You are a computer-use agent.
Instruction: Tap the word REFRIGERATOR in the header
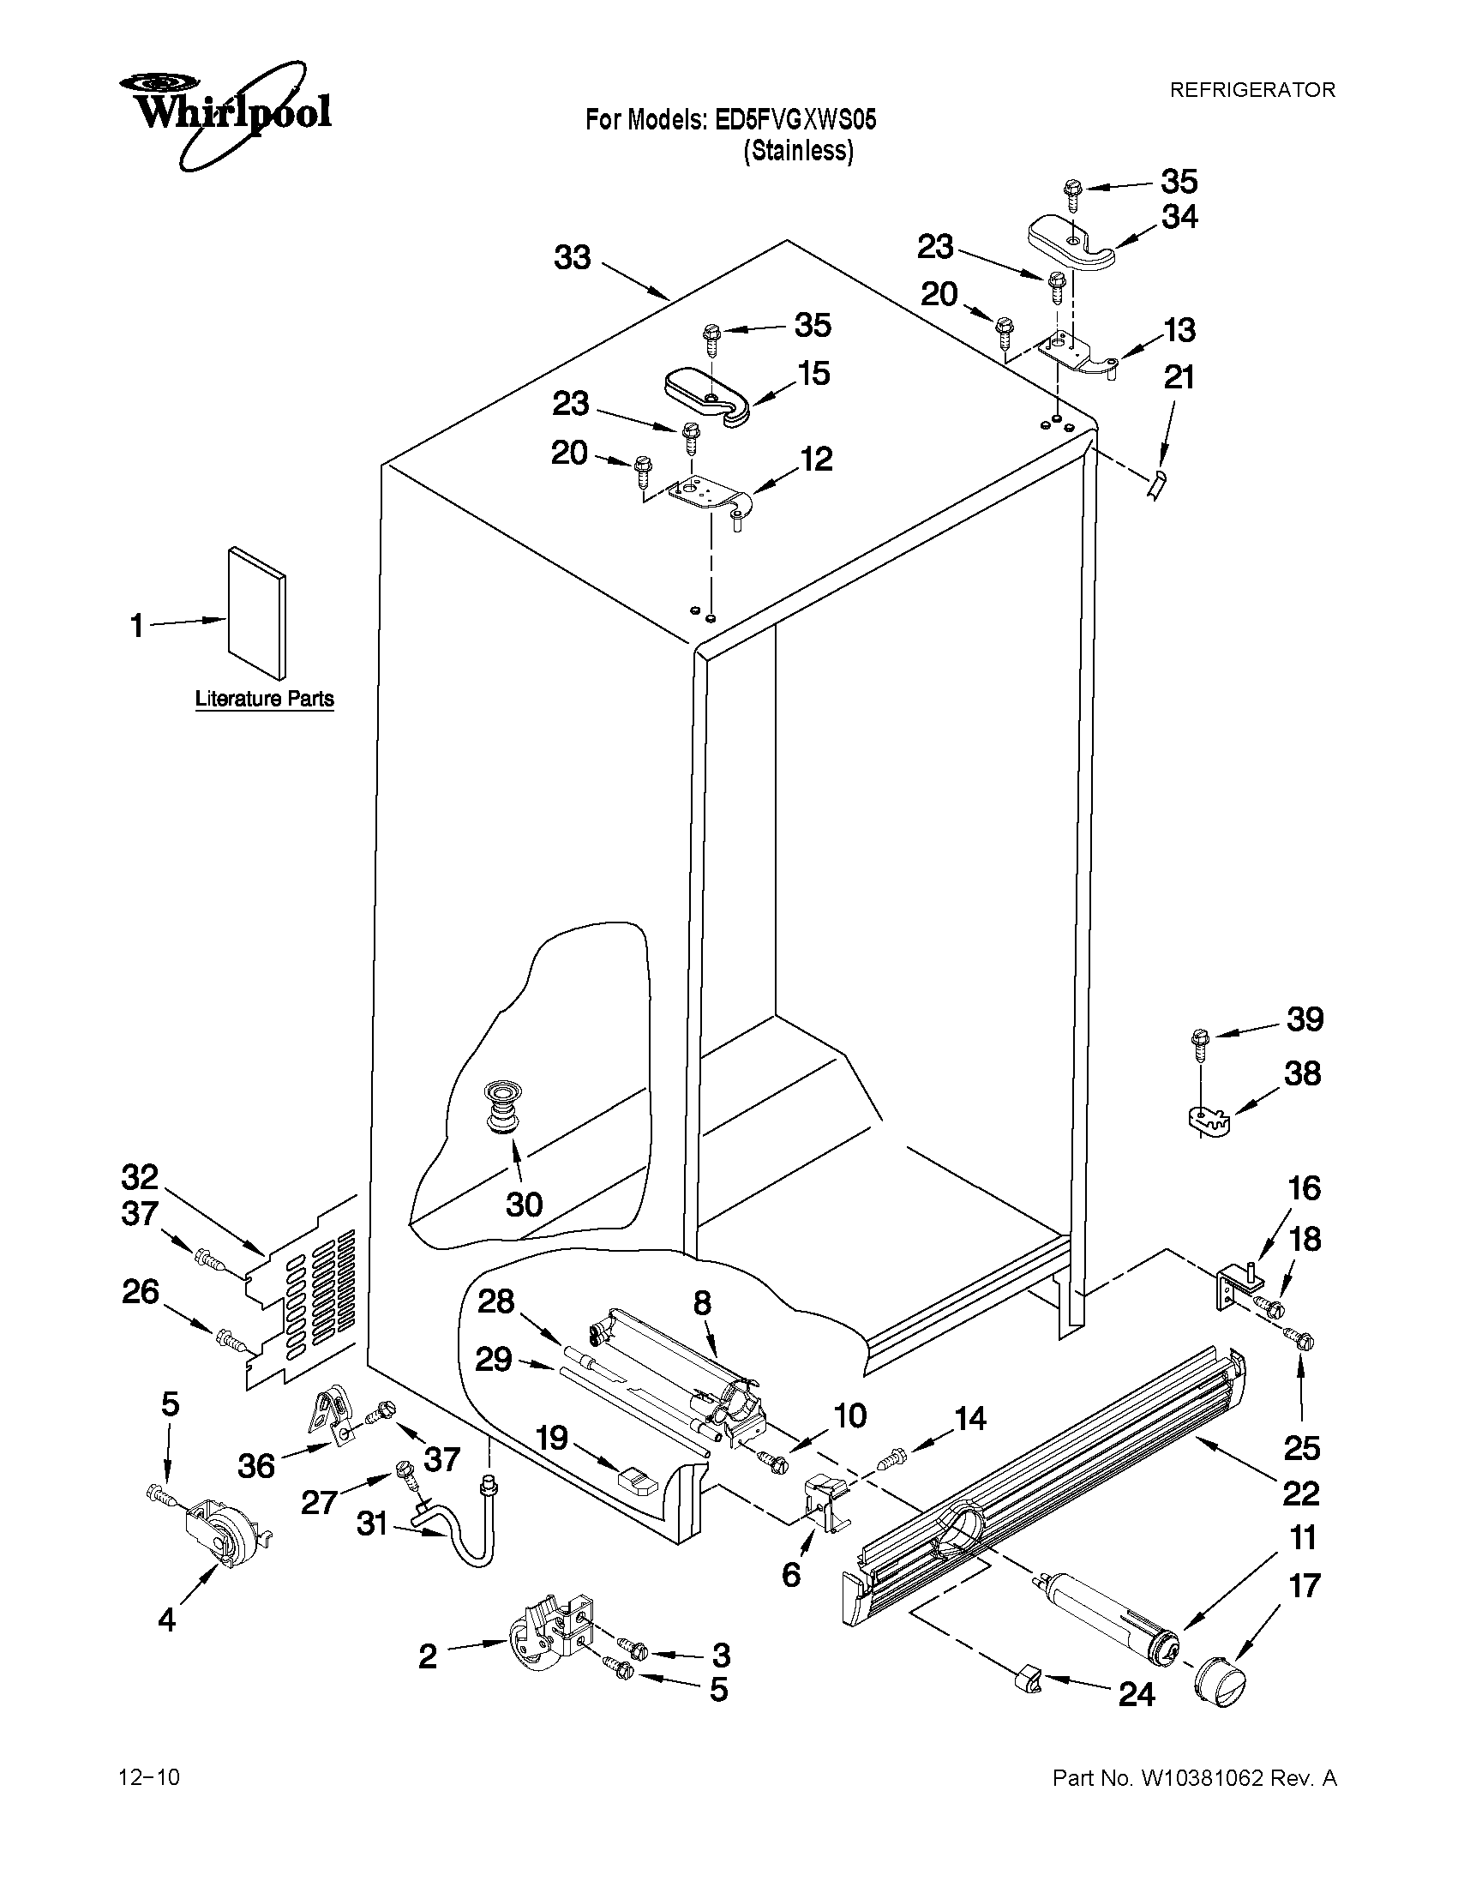click(x=1251, y=90)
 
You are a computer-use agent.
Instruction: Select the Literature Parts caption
click(x=264, y=698)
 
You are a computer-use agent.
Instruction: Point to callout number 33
click(x=572, y=257)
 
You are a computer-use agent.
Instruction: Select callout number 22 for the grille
click(x=1301, y=1493)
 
